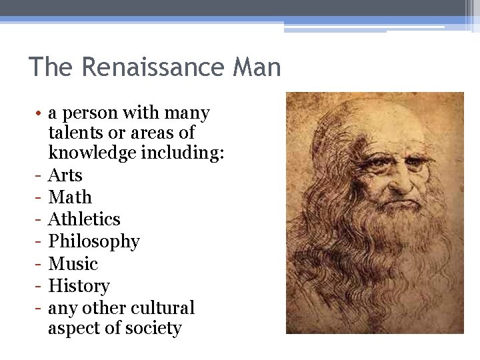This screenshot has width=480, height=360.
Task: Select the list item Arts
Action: tap(65, 175)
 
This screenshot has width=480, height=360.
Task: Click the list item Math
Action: tap(70, 197)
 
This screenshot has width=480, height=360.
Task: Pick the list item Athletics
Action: tap(84, 219)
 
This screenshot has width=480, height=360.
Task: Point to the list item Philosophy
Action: tap(94, 241)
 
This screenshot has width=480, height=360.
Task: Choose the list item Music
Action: tap(73, 264)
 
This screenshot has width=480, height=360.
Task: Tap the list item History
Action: tap(79, 286)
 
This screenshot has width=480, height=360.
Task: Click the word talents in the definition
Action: tap(75, 132)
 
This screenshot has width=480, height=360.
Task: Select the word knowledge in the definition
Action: tap(92, 154)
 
